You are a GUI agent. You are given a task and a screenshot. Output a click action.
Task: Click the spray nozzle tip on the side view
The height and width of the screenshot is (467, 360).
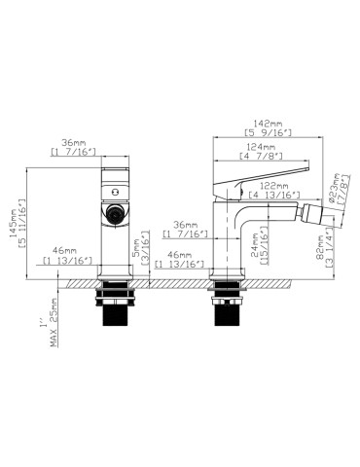tap(318, 210)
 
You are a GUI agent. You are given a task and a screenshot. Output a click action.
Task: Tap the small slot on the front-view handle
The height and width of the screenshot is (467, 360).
tap(115, 178)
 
